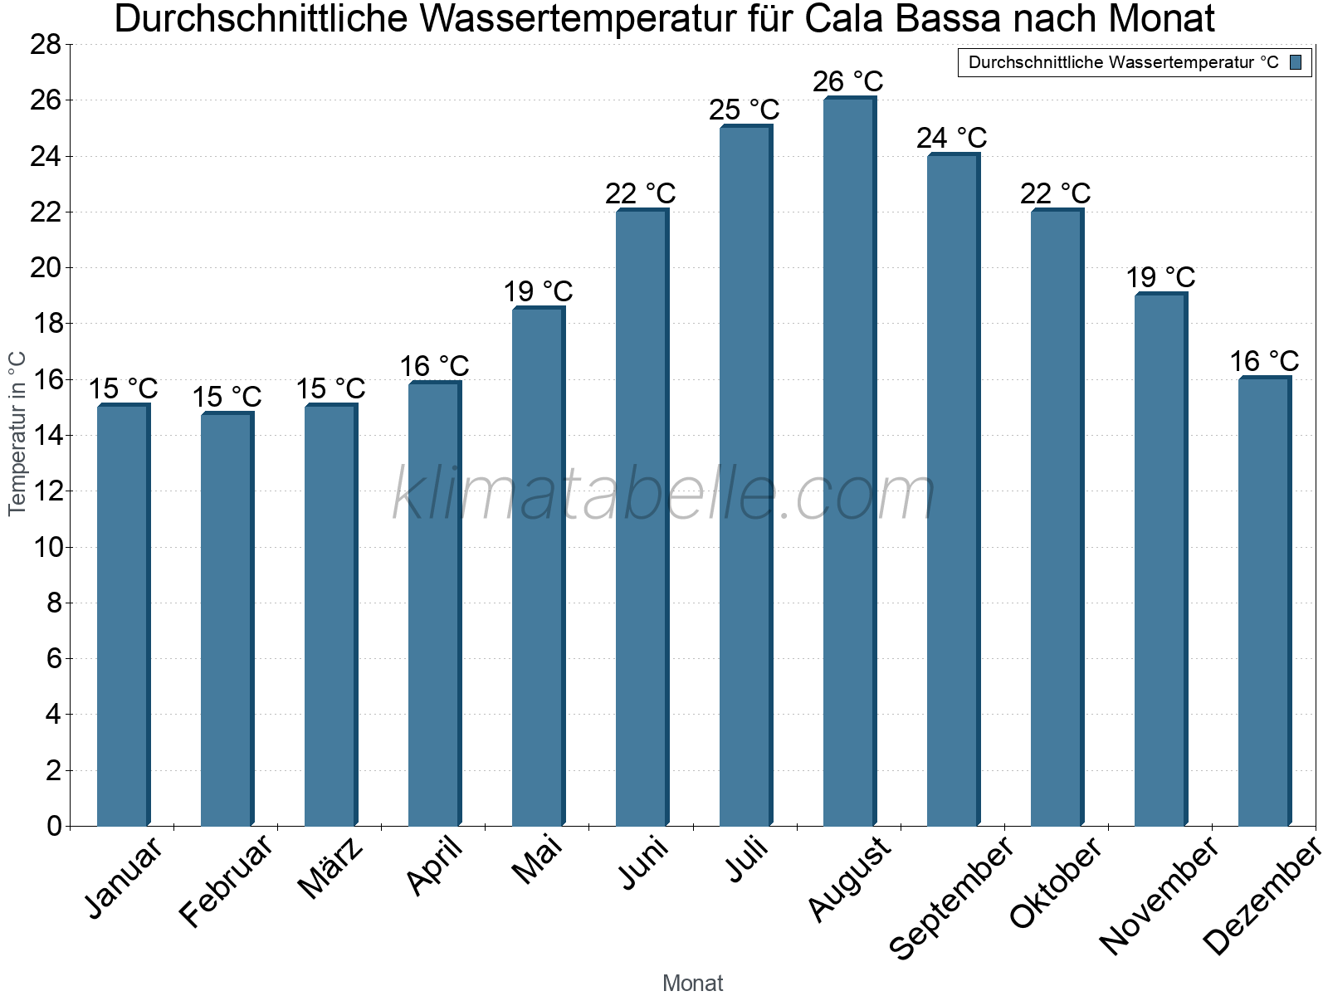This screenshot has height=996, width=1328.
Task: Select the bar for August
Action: click(x=848, y=461)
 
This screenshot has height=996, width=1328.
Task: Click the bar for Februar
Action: click(x=226, y=618)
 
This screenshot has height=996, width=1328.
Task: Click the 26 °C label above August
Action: click(x=847, y=82)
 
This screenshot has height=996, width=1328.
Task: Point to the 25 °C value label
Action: click(x=744, y=110)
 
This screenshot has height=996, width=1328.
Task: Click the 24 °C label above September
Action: click(x=951, y=138)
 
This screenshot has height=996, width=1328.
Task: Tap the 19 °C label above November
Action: click(x=1160, y=277)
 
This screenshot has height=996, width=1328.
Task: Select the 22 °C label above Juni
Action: click(x=640, y=193)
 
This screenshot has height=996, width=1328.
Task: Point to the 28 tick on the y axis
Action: click(x=46, y=45)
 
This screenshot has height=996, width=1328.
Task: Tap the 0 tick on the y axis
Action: click(x=54, y=826)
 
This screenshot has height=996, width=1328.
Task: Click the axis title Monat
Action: click(x=692, y=983)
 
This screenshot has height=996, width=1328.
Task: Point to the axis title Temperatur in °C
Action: click(x=17, y=433)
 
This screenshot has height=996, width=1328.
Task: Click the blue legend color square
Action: click(x=1296, y=62)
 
